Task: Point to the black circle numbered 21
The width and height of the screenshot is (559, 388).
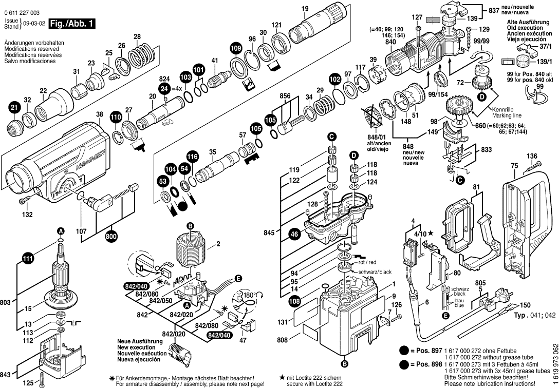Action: click(x=13, y=108)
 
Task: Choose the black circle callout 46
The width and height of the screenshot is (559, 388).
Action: click(x=294, y=234)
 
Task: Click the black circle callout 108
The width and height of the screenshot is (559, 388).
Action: click(x=294, y=302)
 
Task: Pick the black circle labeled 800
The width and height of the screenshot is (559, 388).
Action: click(x=110, y=237)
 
